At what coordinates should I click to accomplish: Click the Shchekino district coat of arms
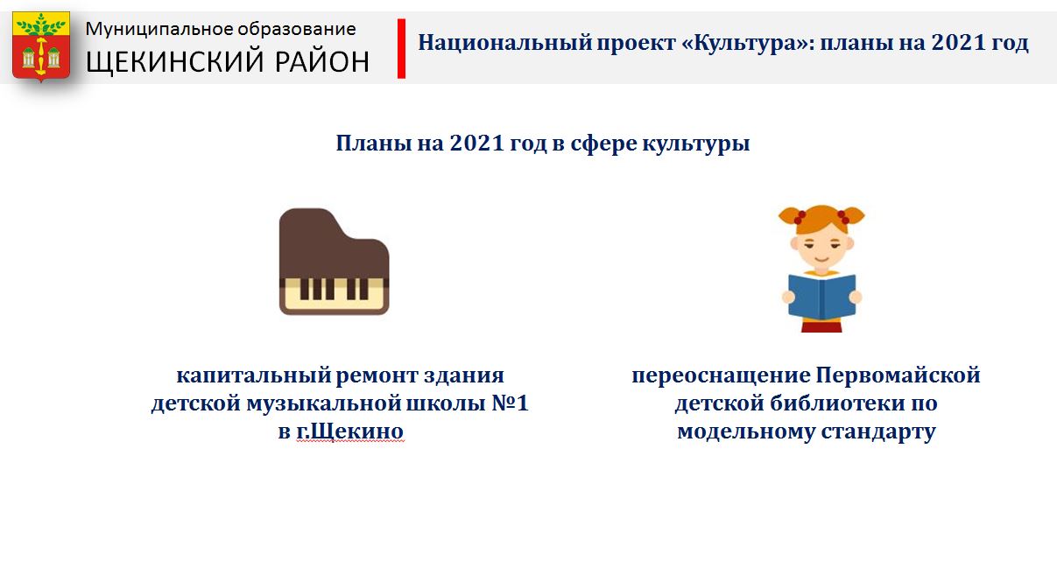point(41,46)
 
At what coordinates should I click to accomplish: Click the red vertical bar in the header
point(401,48)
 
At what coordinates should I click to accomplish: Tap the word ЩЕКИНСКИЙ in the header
point(173,62)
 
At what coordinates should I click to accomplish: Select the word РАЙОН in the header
point(321,61)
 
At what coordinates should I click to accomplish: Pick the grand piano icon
point(334,262)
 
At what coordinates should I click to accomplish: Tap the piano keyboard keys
point(334,295)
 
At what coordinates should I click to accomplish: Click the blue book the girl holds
point(822,298)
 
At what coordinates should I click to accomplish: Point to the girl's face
point(821,249)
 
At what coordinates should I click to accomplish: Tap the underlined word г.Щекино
point(349,431)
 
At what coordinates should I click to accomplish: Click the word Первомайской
point(898,376)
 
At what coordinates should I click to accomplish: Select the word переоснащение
point(722,376)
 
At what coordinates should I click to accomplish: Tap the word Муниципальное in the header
point(159,30)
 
